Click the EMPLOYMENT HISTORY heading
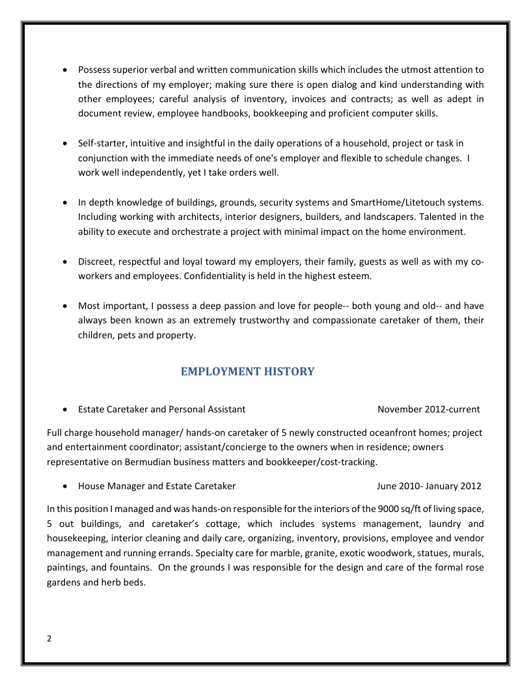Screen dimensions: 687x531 pos(247,371)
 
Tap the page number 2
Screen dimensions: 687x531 pos(49,638)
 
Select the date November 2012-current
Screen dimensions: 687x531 pos(428,409)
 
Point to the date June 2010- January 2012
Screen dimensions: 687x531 pos(429,486)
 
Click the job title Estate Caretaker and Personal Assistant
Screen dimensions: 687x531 pos(161,409)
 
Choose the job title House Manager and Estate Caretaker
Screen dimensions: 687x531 pos(157,486)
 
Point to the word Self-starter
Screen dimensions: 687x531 pos(101,143)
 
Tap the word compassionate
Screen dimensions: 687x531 pos(352,321)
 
